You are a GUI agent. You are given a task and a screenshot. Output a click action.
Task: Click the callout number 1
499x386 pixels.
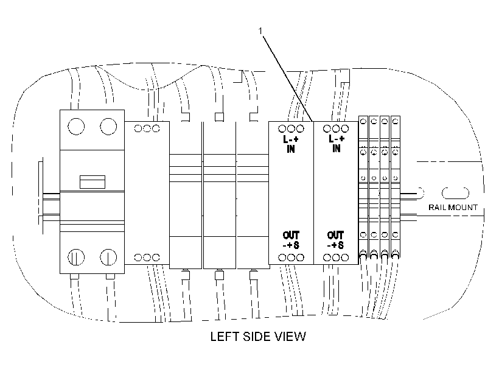(260, 31)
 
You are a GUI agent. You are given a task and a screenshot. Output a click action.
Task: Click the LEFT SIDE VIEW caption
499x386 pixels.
(258, 337)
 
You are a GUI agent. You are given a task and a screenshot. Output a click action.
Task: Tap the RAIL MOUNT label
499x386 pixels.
(453, 208)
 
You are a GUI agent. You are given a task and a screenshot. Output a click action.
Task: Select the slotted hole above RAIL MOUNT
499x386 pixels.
(455, 193)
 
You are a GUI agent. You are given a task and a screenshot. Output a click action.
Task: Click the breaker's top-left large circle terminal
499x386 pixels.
(76, 127)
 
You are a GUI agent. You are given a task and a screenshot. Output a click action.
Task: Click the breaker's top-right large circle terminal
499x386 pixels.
(108, 127)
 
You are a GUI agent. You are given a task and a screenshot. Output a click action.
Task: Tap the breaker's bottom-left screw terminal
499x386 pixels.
(76, 258)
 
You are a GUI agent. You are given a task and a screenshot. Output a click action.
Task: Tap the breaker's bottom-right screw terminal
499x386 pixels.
(108, 258)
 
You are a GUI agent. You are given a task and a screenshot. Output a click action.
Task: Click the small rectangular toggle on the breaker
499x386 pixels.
(92, 182)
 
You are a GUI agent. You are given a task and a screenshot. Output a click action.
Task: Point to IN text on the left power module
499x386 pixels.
(291, 149)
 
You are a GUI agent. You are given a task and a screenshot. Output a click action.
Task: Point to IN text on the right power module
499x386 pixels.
(336, 148)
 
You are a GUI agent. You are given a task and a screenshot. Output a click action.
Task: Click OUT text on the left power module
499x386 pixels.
(291, 236)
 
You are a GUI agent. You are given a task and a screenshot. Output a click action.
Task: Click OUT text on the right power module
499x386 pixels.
(335, 236)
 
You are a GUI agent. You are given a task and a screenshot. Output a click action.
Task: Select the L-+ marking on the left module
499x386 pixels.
(291, 139)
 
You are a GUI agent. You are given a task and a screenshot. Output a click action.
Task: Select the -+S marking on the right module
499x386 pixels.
(335, 245)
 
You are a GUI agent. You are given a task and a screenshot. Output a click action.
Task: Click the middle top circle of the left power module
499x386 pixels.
(291, 128)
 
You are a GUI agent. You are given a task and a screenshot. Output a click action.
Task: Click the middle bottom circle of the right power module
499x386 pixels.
(336, 258)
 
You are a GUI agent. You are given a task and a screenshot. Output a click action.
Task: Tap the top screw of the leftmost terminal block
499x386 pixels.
(363, 121)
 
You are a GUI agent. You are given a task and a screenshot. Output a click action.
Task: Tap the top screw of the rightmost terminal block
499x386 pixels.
(396, 121)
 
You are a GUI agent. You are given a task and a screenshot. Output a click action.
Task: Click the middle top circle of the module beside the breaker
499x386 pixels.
(147, 128)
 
